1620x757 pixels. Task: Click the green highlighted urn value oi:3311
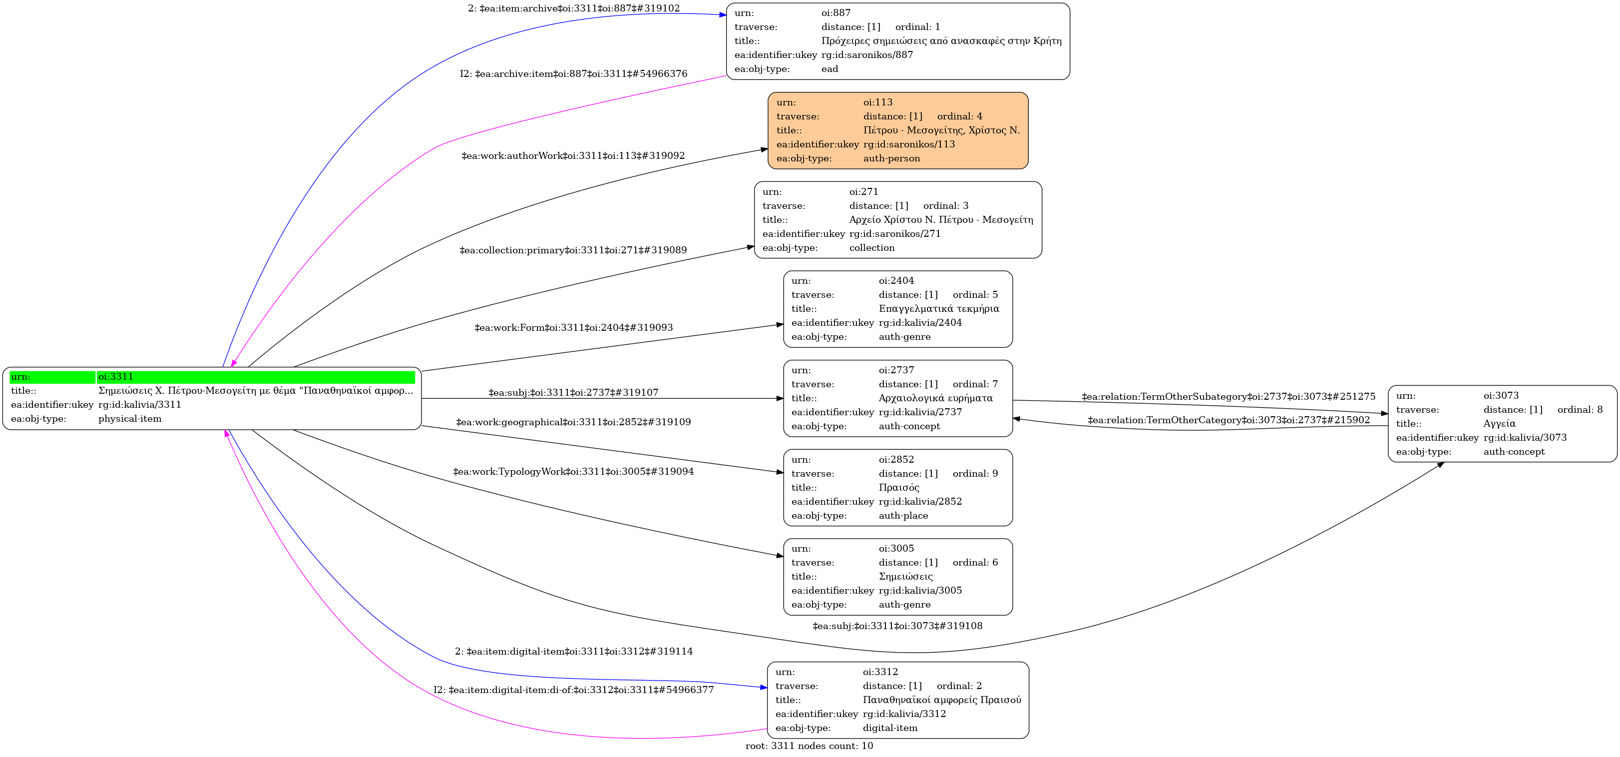(116, 377)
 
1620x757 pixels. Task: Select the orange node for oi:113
(897, 130)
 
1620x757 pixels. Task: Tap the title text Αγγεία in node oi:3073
(1499, 424)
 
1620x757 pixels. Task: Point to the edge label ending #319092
(573, 155)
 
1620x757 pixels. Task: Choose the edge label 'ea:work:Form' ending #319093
(573, 327)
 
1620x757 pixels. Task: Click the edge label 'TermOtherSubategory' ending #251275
(1228, 396)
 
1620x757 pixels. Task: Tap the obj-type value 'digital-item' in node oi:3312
(890, 728)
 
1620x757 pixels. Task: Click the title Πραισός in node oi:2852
(899, 488)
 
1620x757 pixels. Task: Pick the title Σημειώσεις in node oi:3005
(905, 577)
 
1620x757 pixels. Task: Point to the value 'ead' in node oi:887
(829, 69)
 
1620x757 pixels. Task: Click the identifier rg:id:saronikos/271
(895, 233)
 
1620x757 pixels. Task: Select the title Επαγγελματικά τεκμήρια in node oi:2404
(939, 308)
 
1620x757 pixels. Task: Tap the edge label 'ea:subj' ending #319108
(897, 626)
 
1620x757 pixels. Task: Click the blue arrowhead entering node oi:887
(723, 14)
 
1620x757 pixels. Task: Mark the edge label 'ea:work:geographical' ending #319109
(573, 422)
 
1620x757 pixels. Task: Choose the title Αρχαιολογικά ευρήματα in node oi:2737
(936, 398)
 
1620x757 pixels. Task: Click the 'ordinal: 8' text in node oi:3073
(1580, 410)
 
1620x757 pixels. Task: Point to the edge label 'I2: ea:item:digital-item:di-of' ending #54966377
(573, 690)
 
